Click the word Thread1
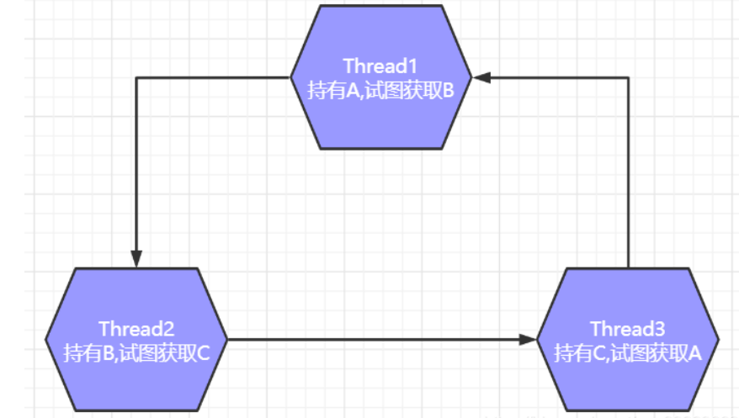[381, 66]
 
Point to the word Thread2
[136, 328]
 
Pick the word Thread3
[628, 328]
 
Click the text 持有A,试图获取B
[381, 90]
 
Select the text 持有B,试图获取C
[136, 352]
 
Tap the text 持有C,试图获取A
[628, 352]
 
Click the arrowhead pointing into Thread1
[481, 77]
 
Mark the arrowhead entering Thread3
[528, 340]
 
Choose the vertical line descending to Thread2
[136, 168]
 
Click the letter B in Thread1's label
[448, 90]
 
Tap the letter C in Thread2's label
[202, 352]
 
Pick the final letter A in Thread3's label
[694, 352]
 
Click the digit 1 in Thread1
[413, 66]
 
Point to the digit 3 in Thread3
[661, 328]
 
